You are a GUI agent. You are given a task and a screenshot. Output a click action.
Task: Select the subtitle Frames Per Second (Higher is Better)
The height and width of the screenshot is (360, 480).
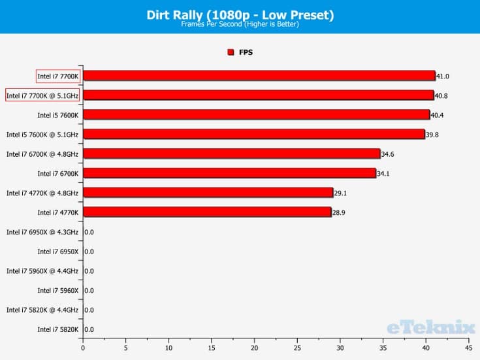(240, 25)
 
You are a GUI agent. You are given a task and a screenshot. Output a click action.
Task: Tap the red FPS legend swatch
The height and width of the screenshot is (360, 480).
(231, 52)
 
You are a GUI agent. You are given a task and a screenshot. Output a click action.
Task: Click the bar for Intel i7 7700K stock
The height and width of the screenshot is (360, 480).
(259, 76)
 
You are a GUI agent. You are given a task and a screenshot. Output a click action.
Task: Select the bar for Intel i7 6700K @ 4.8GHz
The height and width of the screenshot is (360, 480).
(231, 154)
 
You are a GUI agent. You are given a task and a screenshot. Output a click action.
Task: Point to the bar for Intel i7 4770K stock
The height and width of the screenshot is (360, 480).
(207, 212)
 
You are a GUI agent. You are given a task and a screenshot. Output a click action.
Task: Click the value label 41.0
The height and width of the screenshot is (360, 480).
(443, 76)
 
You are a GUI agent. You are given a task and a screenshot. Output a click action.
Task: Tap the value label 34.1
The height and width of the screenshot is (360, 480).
(383, 174)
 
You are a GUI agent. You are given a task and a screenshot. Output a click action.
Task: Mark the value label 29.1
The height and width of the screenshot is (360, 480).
(341, 193)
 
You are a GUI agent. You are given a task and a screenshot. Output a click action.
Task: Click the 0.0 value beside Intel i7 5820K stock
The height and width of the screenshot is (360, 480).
(89, 330)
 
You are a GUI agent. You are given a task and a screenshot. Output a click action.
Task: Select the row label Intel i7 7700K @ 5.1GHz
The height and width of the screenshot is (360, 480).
(42, 95)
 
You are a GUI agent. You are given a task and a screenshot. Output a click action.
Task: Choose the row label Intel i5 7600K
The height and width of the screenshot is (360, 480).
(57, 115)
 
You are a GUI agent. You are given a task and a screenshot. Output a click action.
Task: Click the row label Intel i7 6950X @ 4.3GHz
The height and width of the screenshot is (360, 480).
(42, 232)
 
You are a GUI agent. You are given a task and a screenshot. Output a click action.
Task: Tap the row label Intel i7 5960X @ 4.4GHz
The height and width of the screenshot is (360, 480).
(42, 271)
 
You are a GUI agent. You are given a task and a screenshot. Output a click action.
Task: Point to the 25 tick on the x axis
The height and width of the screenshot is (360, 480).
(297, 348)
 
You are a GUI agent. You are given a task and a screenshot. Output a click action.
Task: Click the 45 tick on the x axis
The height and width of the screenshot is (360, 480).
(468, 348)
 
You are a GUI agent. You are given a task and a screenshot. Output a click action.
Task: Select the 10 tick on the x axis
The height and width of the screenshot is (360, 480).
(168, 348)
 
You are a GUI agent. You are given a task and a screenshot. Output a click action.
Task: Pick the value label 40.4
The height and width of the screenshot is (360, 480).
(438, 116)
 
